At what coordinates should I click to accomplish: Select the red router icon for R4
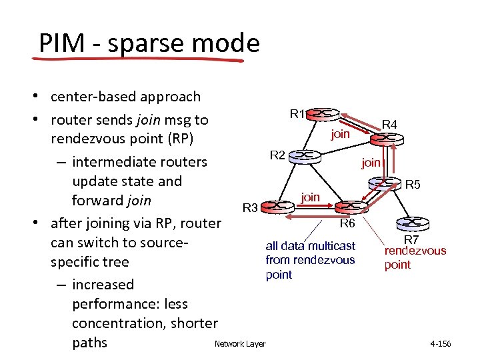pos(385,139)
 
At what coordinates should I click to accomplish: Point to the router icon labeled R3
pos(279,207)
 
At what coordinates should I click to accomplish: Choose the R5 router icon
pos(385,182)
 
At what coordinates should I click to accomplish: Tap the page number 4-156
pos(440,344)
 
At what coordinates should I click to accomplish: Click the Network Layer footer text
pos(240,344)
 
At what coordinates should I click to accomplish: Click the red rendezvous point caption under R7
pos(415,257)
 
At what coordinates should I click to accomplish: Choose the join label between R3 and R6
pos(310,197)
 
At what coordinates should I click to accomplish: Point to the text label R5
pos(413,185)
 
